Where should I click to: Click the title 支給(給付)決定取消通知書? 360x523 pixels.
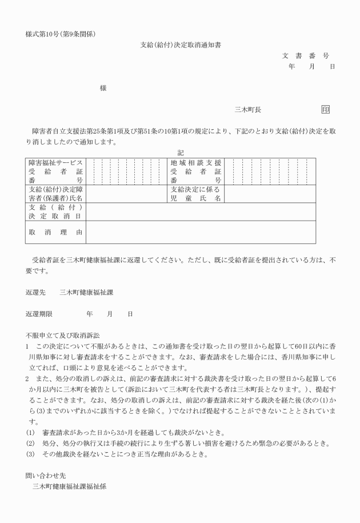[181, 44]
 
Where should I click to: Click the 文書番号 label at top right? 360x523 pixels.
[306, 55]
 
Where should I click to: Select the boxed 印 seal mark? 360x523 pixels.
[326, 110]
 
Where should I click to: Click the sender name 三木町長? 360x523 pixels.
[248, 110]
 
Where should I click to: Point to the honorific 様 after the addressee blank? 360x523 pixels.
[103, 88]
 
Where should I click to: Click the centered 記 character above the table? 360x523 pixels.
[181, 153]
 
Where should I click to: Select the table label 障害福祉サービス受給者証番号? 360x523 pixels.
[55, 171]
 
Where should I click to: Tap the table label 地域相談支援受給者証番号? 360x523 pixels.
[195, 171]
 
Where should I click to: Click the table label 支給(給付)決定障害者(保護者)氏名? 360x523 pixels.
[55, 194]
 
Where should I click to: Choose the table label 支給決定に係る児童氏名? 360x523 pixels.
[195, 194]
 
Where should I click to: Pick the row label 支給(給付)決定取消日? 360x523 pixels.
[55, 212]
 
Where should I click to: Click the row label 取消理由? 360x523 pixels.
[55, 232]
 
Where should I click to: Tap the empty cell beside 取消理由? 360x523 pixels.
[200, 232]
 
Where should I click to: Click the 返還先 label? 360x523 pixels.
[35, 292]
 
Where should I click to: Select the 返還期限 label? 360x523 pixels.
[39, 314]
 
